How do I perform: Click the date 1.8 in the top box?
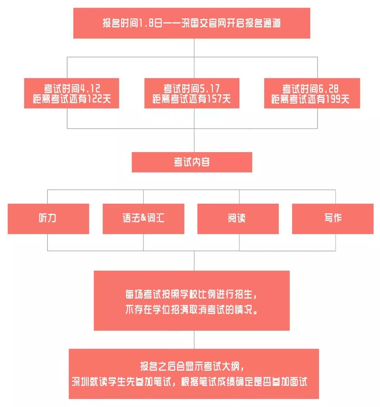tap(146, 23)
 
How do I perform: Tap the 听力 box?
tap(49, 219)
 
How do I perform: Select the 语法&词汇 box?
tap(144, 219)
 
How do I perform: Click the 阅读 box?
tap(238, 219)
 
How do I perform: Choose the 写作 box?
tap(333, 219)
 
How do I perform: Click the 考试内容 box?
tap(192, 162)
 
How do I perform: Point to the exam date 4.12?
tap(90, 89)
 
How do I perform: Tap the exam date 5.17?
tap(210, 89)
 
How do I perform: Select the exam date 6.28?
tap(328, 89)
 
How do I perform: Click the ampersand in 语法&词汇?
tap(144, 218)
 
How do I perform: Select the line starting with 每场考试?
tap(191, 294)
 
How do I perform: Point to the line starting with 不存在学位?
tap(191, 309)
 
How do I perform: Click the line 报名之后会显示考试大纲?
tap(192, 366)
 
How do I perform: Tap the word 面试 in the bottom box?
tap(298, 382)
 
